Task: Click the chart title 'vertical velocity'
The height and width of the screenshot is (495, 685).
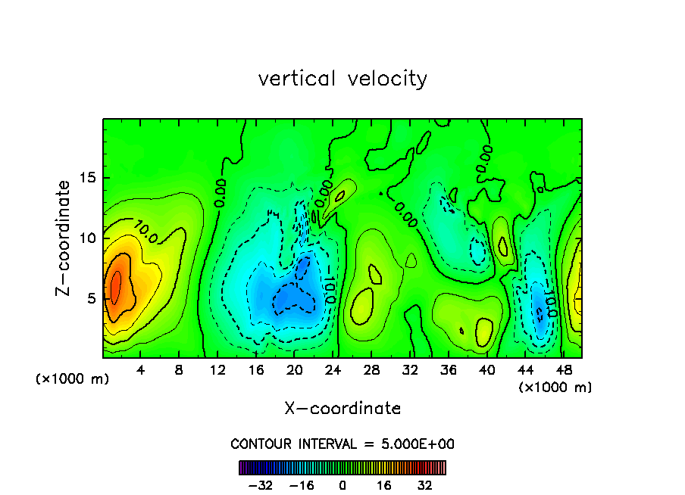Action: [x=342, y=79]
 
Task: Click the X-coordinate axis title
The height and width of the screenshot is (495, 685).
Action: [x=342, y=409]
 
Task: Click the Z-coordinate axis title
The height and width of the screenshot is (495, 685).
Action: [x=65, y=238]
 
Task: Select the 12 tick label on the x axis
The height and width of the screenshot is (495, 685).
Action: [x=217, y=370]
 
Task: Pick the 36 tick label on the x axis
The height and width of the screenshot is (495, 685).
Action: [x=448, y=370]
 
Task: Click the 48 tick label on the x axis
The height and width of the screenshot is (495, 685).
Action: [x=563, y=370]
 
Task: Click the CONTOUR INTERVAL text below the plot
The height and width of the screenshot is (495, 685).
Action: [x=342, y=444]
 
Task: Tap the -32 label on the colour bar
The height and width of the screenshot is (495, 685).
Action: [x=261, y=485]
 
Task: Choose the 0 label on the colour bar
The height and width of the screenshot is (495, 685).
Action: [x=342, y=485]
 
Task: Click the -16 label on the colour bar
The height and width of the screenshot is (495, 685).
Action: [x=302, y=485]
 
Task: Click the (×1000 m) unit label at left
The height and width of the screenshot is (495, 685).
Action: [x=73, y=378]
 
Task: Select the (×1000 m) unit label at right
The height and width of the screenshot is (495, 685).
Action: [x=555, y=388]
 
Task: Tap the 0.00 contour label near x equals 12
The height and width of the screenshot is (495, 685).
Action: [x=221, y=192]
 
